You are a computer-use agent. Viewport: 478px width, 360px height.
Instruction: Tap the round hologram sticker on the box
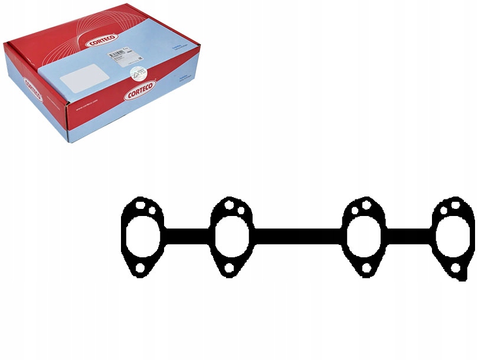[139, 73]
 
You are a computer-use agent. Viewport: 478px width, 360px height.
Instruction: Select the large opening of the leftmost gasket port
[140, 237]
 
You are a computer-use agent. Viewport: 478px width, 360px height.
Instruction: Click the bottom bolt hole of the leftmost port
[140, 269]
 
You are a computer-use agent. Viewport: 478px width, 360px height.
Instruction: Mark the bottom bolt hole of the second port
[229, 269]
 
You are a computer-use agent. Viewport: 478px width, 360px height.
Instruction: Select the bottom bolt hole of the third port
[366, 269]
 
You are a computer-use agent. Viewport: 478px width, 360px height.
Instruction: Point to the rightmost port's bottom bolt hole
[456, 269]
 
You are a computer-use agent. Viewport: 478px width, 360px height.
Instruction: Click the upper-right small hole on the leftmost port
[152, 210]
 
